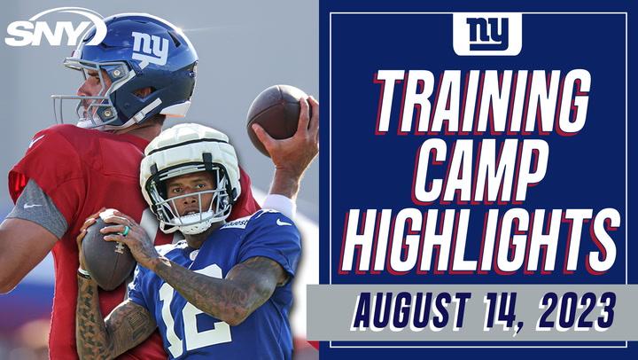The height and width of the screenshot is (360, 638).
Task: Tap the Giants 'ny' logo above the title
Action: tap(487, 33)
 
